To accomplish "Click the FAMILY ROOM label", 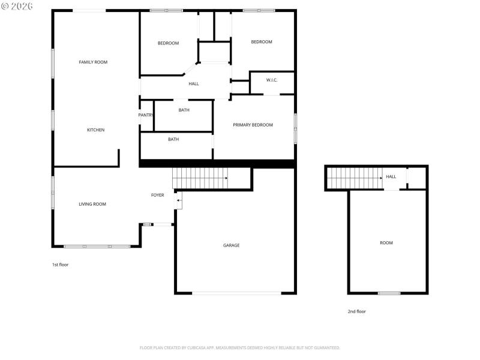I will pos(93,62).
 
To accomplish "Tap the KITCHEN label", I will pos(96,130).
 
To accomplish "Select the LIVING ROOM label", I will pos(92,204).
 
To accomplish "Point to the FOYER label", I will pos(157,195).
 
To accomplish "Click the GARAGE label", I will pos(232,245).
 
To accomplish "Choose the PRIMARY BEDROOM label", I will pos(253,125).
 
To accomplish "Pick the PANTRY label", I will pos(146,115).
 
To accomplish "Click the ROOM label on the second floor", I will pos(386,242).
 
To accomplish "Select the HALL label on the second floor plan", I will pos(391,176).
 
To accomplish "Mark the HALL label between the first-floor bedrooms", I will pos(194,83).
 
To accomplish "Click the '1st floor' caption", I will pos(60,264).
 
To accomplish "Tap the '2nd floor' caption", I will pos(356,311).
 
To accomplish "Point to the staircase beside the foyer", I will pos(200,178).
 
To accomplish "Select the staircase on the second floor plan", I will pos(355,178).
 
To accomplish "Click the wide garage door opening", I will pos(236,293).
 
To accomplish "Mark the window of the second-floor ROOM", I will pos(389,293).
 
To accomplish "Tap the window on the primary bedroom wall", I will pos(295,128).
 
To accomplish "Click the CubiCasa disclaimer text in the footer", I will pos(240,347).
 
